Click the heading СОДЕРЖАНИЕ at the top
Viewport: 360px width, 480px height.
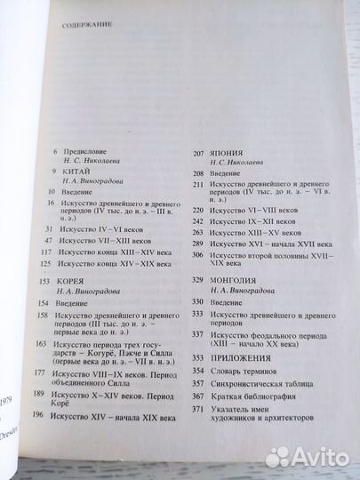point(86,26)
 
